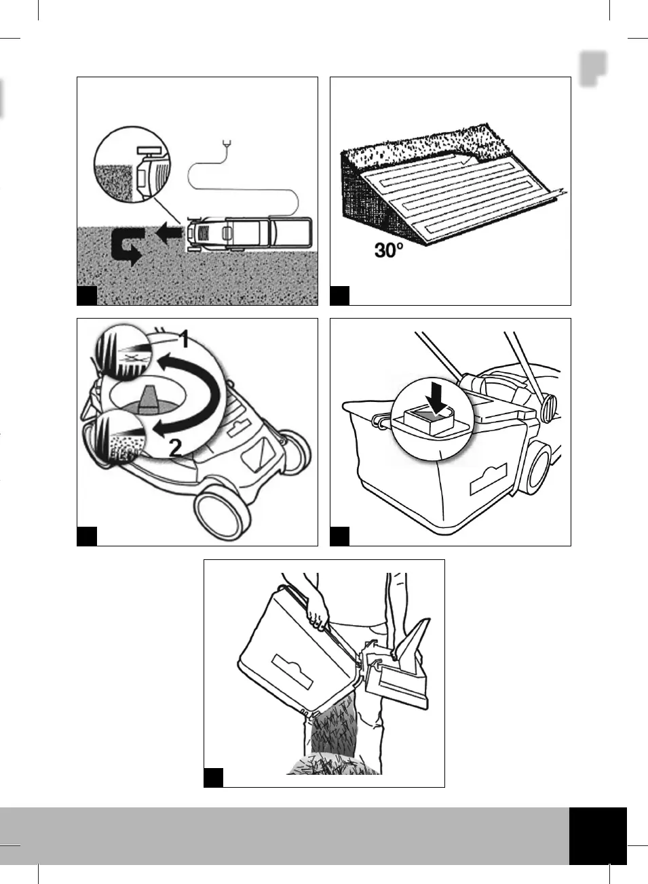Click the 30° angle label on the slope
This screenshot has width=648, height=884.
(389, 250)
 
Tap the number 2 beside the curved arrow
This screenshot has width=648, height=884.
(174, 447)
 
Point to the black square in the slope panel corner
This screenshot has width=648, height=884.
(339, 296)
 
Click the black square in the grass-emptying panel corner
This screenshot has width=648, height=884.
(213, 777)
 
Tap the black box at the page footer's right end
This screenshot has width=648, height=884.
(598, 835)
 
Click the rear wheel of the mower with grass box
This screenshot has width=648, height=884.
(539, 468)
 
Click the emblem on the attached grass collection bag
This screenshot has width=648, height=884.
(489, 479)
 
